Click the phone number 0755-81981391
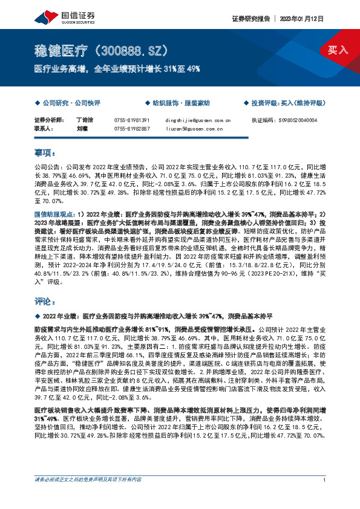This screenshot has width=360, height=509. (131, 120)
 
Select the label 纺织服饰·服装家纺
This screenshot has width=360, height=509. (180, 103)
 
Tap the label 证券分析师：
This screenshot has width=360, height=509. (48, 120)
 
